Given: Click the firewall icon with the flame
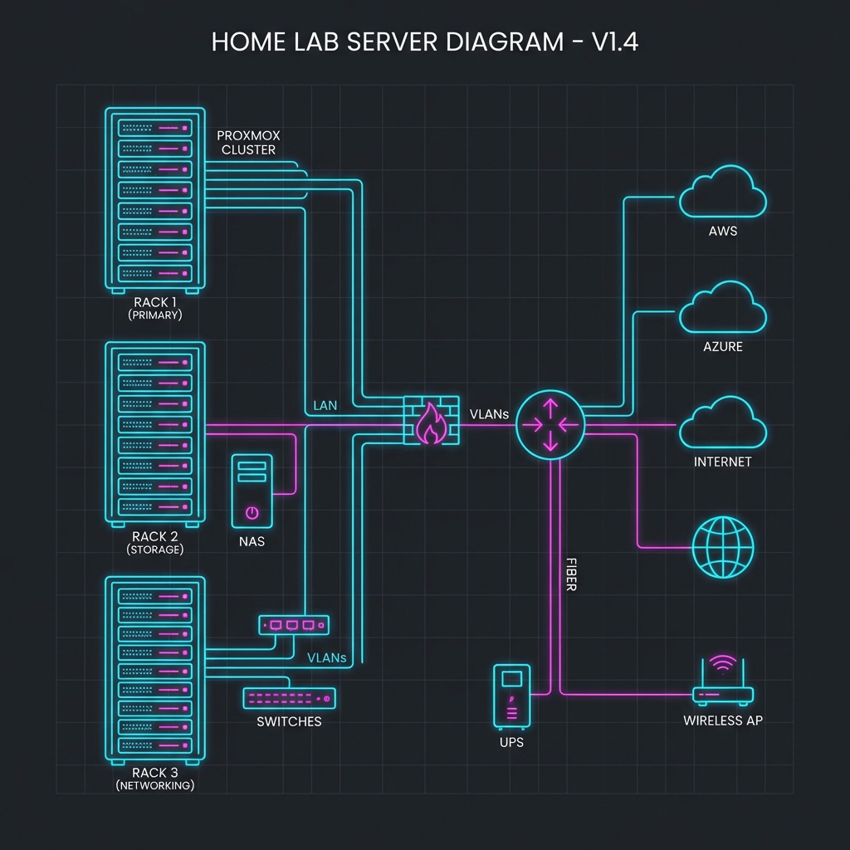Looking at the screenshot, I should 431,423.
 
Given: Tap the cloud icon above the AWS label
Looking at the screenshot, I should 722,193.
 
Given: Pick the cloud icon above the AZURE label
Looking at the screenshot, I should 722,309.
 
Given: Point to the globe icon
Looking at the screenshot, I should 723,548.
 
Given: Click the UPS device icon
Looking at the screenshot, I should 510,696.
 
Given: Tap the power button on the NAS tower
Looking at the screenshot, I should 252,512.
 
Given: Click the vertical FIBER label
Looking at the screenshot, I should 570,574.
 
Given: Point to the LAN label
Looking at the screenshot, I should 325,406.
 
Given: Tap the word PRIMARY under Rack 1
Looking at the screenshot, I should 156,315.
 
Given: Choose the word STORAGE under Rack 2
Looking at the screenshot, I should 155,550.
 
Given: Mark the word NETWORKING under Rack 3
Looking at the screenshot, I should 155,785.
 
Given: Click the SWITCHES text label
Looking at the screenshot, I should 289,722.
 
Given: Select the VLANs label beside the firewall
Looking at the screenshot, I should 489,413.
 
